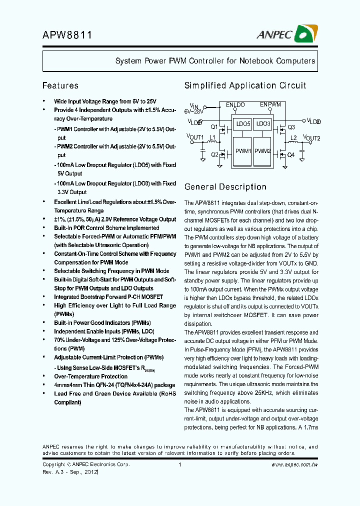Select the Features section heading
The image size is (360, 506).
[x=60, y=85]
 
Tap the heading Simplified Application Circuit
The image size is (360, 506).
[x=245, y=85]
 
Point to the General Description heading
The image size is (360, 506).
[x=225, y=187]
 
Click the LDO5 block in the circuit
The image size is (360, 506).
[x=243, y=123]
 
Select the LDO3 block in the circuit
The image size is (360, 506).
[x=263, y=123]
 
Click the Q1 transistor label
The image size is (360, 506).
[x=214, y=127]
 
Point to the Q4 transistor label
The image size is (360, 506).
[x=291, y=155]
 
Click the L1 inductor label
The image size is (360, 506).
[x=212, y=136]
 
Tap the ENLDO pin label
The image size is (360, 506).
[x=235, y=105]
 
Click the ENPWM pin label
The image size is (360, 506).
[x=270, y=104]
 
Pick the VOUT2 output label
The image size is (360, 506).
[x=311, y=138]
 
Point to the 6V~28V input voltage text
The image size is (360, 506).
[x=194, y=111]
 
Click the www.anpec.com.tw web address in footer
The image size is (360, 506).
[x=294, y=464]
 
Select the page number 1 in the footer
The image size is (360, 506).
[x=179, y=464]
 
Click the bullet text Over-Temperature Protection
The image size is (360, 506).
[x=90, y=376]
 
